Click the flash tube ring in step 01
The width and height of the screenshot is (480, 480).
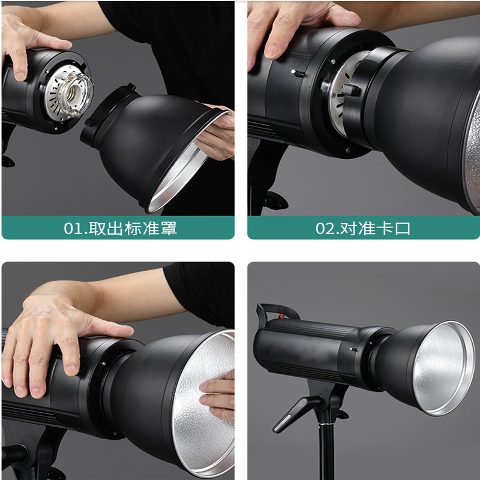click(x=76, y=94)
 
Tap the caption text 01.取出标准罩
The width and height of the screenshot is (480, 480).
click(x=121, y=229)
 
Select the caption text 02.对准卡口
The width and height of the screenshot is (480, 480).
click(x=363, y=229)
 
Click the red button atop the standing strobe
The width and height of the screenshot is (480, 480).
click(x=280, y=316)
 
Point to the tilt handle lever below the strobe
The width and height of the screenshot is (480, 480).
click(x=295, y=413)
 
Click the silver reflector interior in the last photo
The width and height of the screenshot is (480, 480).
click(x=442, y=367)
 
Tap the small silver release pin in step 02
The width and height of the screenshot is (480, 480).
click(x=297, y=73)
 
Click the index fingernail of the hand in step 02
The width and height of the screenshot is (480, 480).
click(x=271, y=51)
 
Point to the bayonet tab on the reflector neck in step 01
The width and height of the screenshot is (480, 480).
click(x=89, y=122)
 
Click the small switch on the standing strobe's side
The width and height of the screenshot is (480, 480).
click(x=353, y=349)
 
